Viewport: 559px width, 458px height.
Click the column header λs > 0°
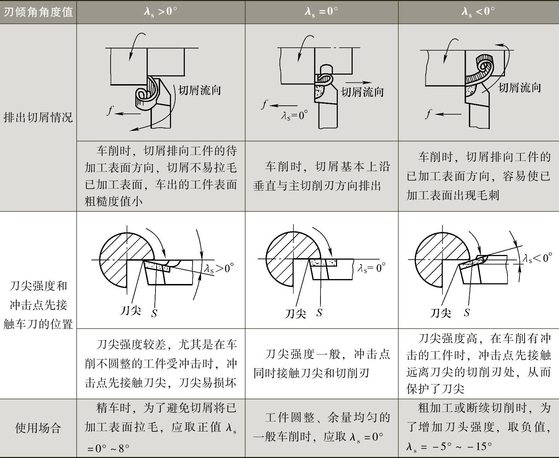[160, 12]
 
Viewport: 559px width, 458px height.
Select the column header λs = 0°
[321, 12]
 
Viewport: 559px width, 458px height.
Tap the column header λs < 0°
[478, 12]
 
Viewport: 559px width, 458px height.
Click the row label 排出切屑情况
[38, 117]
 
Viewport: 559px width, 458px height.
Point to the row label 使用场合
[38, 428]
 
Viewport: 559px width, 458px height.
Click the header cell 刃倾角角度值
[38, 12]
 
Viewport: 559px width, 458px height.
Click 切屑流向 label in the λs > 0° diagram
[200, 90]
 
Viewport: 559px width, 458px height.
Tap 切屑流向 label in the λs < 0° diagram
[519, 87]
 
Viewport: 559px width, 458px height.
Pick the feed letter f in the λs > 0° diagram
[110, 111]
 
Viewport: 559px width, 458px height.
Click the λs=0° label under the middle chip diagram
[294, 115]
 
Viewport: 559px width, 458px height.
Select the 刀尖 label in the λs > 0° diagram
[130, 311]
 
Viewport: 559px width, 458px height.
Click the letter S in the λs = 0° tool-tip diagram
[319, 313]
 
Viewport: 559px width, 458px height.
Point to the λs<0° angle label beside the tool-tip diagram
[537, 258]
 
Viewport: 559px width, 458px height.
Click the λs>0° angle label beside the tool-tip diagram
[219, 268]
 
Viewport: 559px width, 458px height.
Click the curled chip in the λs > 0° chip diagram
[146, 94]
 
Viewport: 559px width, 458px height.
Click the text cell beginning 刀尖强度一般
[322, 364]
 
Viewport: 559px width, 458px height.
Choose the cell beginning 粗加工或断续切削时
[478, 427]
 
